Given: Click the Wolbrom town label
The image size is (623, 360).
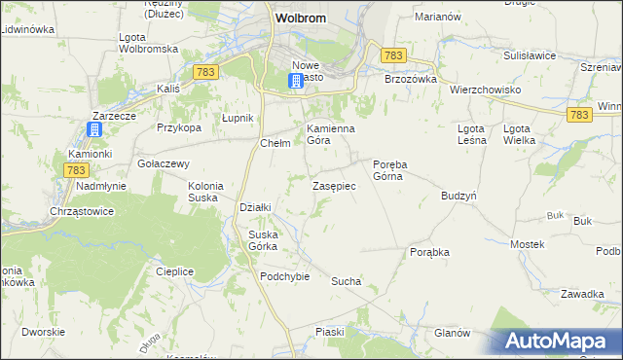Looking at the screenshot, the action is (300, 18).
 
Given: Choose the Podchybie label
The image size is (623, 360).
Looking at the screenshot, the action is (284, 275).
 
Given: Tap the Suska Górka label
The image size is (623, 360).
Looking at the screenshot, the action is (263, 239).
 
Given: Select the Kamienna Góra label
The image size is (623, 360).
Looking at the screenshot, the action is (331, 134).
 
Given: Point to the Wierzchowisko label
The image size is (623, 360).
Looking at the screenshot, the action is (486, 90).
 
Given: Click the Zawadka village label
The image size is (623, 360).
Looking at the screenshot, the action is (583, 293).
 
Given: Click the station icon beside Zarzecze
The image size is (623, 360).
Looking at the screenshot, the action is (95, 129).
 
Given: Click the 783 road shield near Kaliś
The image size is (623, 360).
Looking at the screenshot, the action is (204, 73).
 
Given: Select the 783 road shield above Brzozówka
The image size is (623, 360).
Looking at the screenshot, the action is (393, 56).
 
